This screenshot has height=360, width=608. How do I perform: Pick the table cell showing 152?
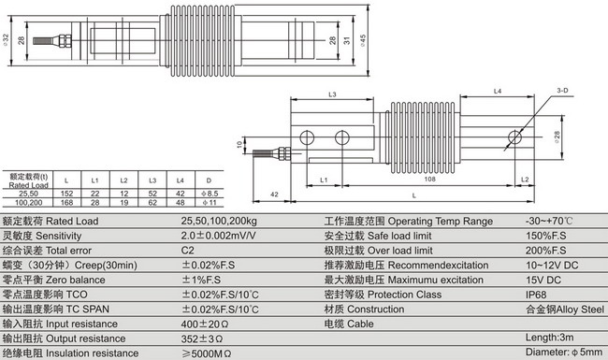[65, 192]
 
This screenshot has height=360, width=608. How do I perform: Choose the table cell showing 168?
[65, 201]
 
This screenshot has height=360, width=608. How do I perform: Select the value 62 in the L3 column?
[152, 201]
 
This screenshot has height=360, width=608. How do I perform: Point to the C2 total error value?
[188, 252]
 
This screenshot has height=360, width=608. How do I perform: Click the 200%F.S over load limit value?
[546, 252]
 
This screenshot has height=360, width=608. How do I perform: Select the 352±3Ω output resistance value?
[204, 338]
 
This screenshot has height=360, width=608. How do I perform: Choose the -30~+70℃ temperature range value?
[551, 222]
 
